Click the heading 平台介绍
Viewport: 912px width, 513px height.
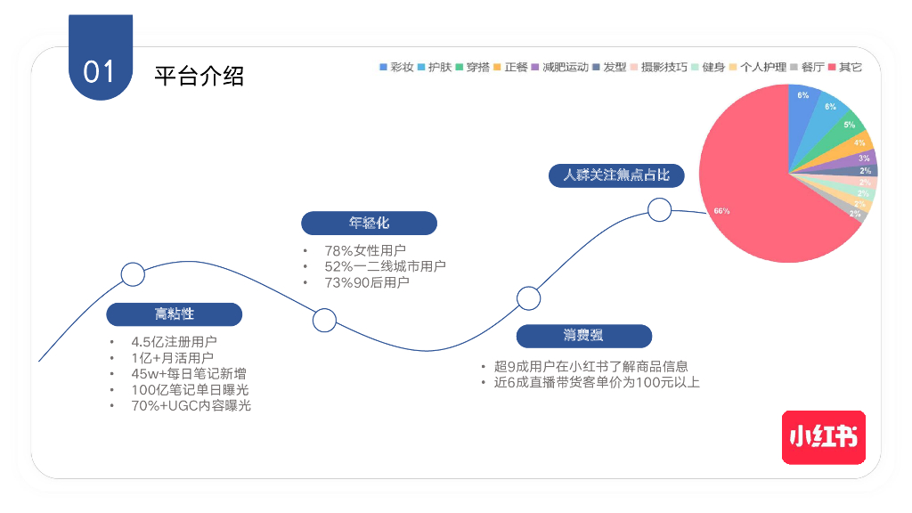(199, 76)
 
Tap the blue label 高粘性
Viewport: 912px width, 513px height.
(175, 314)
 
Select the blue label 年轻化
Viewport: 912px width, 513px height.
(369, 223)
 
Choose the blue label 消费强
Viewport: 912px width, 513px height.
(583, 336)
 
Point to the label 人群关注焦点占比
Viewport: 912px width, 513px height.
(616, 175)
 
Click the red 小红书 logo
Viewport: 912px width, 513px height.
(824, 436)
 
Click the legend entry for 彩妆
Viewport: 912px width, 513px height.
(396, 67)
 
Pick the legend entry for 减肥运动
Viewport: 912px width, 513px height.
(560, 67)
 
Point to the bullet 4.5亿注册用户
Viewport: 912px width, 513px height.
(174, 342)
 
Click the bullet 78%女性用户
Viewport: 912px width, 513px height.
(365, 250)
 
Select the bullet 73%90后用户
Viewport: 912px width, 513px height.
(367, 282)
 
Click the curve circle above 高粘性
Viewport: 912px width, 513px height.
(133, 274)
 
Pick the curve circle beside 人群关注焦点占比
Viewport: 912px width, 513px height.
(659, 209)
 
